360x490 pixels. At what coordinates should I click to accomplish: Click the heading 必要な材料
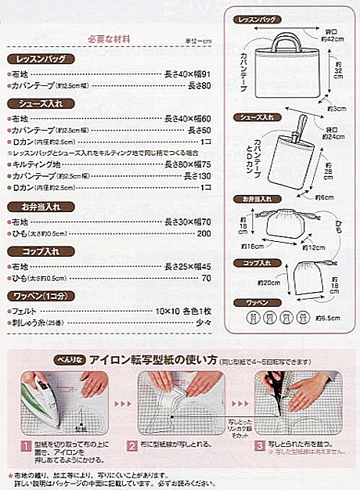tap(109, 38)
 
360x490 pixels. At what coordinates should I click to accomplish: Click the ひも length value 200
tap(204, 234)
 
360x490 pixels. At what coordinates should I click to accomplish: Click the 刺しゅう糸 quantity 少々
tap(203, 322)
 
